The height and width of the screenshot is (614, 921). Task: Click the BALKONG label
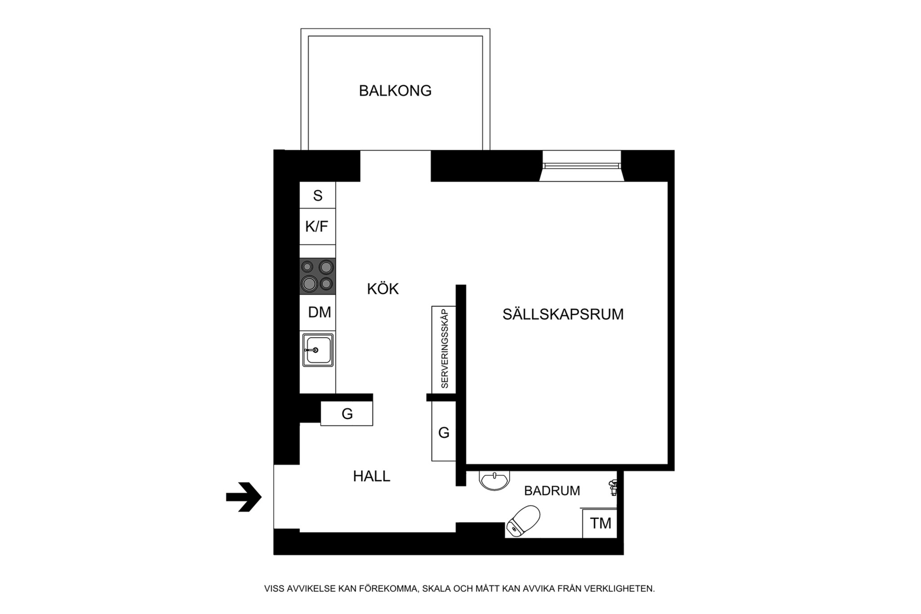click(395, 91)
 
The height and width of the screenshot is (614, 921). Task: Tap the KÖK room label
click(383, 289)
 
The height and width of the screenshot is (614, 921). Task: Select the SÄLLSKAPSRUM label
click(563, 314)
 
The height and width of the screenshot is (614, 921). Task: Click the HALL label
click(371, 476)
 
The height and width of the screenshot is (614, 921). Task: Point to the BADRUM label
click(552, 490)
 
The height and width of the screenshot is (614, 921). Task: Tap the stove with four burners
click(317, 276)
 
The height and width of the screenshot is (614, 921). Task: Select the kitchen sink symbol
click(317, 350)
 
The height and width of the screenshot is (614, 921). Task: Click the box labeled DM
click(318, 312)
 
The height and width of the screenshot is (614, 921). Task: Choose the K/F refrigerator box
click(317, 226)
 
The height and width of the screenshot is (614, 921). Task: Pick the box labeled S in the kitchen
click(317, 195)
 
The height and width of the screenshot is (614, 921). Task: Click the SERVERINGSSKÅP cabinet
click(444, 349)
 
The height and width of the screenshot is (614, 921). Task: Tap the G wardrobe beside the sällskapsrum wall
click(443, 432)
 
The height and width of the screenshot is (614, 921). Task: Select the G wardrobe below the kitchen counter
click(347, 414)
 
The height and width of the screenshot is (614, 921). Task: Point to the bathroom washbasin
click(494, 480)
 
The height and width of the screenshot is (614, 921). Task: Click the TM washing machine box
click(600, 523)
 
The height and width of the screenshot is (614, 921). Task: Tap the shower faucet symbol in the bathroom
click(613, 488)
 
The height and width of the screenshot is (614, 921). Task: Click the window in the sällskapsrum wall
click(581, 166)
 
